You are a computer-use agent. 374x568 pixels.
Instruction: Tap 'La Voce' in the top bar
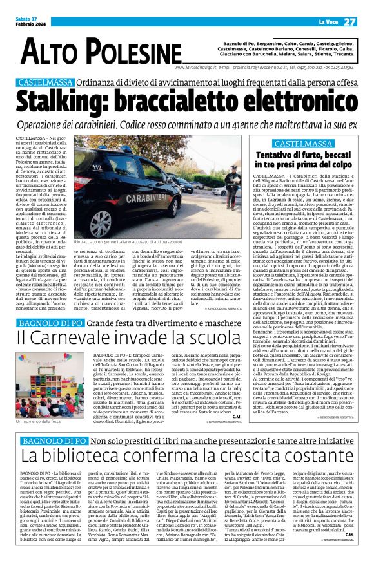[x=325, y=22]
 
